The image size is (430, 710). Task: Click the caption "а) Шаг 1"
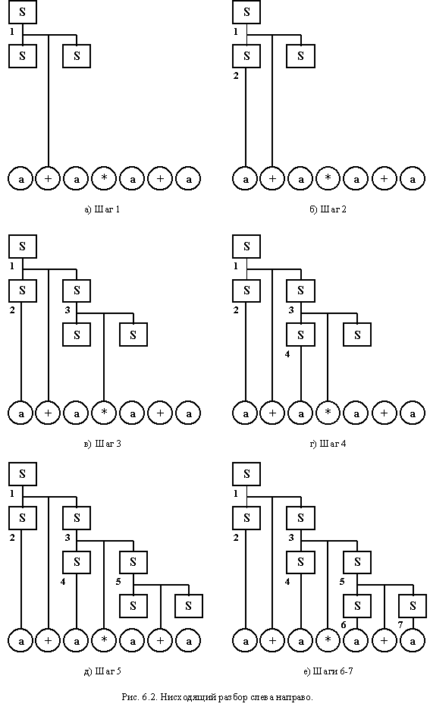click(102, 209)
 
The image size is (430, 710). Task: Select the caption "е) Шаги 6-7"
click(328, 671)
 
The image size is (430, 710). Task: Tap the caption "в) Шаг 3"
click(102, 444)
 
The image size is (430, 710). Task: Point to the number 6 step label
click(343, 625)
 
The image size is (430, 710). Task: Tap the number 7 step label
click(400, 625)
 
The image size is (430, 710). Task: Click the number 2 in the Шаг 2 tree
click(235, 76)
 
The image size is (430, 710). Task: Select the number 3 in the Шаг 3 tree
click(67, 310)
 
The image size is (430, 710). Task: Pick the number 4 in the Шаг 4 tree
click(287, 354)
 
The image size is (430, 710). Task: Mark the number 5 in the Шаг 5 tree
click(118, 582)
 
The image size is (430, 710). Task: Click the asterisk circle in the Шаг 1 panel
click(105, 179)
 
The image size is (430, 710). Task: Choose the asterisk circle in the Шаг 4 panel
click(328, 413)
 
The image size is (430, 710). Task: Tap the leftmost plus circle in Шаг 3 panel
click(49, 413)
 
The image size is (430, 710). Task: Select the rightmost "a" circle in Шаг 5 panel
click(189, 641)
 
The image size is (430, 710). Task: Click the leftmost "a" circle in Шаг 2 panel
click(245, 179)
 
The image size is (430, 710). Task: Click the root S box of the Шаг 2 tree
click(246, 12)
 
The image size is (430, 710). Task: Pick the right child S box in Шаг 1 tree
click(77, 56)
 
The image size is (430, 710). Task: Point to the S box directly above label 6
click(357, 606)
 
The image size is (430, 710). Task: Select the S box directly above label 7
click(413, 606)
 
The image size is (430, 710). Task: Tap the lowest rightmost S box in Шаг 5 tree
click(188, 606)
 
